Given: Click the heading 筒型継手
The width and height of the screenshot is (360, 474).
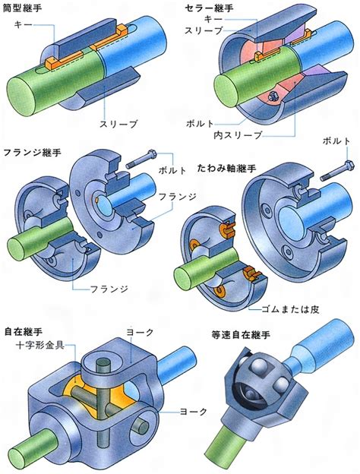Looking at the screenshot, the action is tap(22, 8).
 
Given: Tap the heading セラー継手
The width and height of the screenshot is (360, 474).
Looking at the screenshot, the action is tap(209, 8).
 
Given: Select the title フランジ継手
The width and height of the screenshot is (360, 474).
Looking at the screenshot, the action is tap(32, 152).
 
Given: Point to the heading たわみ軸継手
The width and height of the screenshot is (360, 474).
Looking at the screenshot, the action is tap(226, 168).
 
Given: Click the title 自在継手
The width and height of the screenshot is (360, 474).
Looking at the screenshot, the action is tap(24, 332).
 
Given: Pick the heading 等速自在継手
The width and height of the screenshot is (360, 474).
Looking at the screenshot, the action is tap(240, 335).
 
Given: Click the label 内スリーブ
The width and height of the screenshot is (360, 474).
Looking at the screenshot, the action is tap(238, 135).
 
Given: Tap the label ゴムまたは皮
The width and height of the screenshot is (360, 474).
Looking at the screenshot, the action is tap(290, 309).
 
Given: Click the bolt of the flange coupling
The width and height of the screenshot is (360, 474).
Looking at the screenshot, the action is tap(141, 160).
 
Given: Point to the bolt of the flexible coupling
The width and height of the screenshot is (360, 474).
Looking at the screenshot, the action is tap(337, 169).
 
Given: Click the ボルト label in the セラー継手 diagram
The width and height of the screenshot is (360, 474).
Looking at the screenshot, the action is tap(200, 123).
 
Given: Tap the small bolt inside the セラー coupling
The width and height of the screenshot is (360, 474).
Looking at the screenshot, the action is tap(272, 96).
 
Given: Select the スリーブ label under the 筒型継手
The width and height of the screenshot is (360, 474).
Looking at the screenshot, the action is tap(118, 124).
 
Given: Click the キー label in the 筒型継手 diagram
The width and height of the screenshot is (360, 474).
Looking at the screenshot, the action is tap(23, 24).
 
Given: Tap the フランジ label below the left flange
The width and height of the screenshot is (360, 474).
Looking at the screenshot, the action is tap(109, 289).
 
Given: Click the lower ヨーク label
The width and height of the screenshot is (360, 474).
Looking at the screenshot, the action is tap(194, 411).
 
